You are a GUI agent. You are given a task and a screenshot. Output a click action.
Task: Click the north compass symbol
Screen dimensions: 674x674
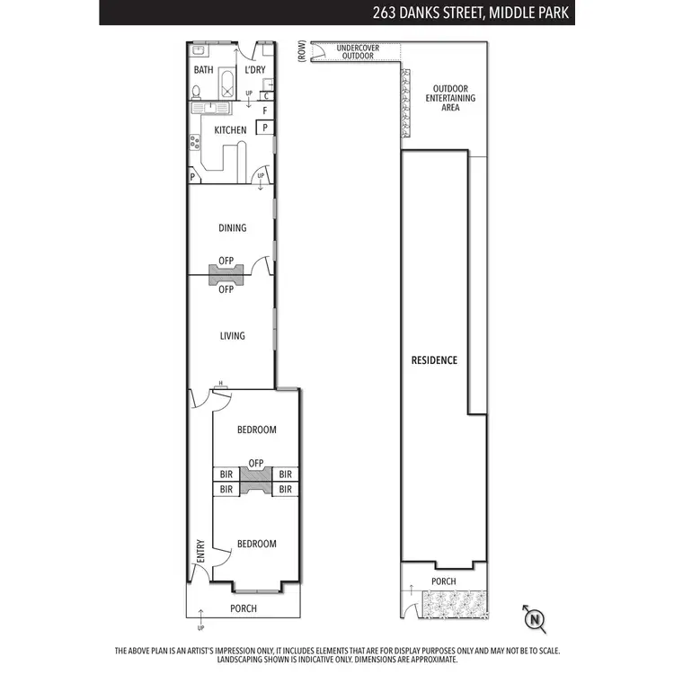pos(535,618)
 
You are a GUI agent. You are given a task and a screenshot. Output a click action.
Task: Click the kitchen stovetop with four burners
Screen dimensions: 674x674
pos(193,141)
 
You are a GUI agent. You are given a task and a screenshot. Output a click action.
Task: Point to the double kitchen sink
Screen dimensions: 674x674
pos(215,107)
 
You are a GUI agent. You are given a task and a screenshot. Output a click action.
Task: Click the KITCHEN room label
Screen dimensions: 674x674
pos(231,130)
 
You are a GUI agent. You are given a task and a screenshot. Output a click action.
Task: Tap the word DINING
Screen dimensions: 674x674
pos(232,228)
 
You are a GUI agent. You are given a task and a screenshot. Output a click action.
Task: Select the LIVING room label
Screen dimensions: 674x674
pos(232,336)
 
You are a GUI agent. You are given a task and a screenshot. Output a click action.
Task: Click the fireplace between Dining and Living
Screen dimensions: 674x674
pos(226,275)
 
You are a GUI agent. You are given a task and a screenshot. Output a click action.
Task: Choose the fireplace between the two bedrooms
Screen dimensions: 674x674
pos(256,481)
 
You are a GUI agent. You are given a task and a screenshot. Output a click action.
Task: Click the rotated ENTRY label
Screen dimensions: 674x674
pos(200,552)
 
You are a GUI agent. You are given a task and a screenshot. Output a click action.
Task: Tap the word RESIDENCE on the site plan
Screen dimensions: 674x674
pos(434,360)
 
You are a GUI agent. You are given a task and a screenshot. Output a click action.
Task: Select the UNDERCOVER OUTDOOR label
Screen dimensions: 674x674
pos(356,51)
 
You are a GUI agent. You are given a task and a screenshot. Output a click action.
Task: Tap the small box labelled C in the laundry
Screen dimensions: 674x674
pos(266,95)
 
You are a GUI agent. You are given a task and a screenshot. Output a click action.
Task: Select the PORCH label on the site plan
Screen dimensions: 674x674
pos(443,581)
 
